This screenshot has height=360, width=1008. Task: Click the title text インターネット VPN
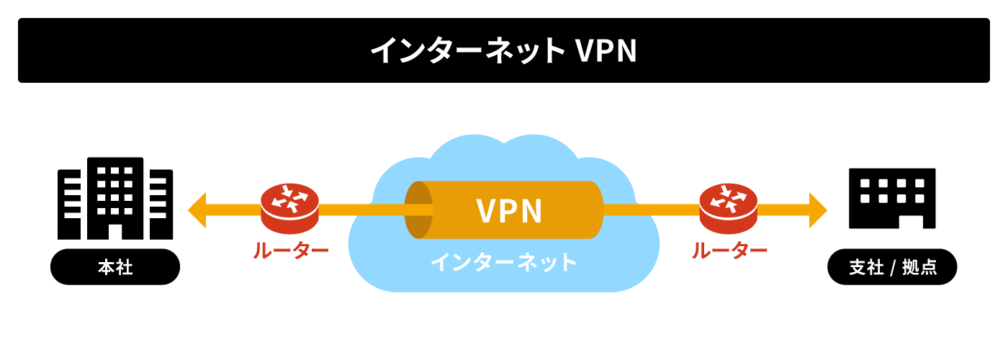click(503, 51)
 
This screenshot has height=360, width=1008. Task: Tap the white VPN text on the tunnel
click(509, 211)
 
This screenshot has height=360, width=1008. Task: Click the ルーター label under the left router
click(290, 250)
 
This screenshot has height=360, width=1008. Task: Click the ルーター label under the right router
click(729, 250)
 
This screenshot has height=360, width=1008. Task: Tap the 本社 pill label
click(115, 267)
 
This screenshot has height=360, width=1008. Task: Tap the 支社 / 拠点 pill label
click(892, 267)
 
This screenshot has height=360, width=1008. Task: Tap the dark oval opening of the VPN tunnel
click(418, 210)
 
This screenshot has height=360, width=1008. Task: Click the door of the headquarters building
click(115, 230)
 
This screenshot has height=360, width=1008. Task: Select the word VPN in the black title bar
click(606, 51)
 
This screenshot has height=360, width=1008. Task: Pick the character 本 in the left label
click(106, 267)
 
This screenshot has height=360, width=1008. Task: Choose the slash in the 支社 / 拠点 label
click(892, 268)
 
